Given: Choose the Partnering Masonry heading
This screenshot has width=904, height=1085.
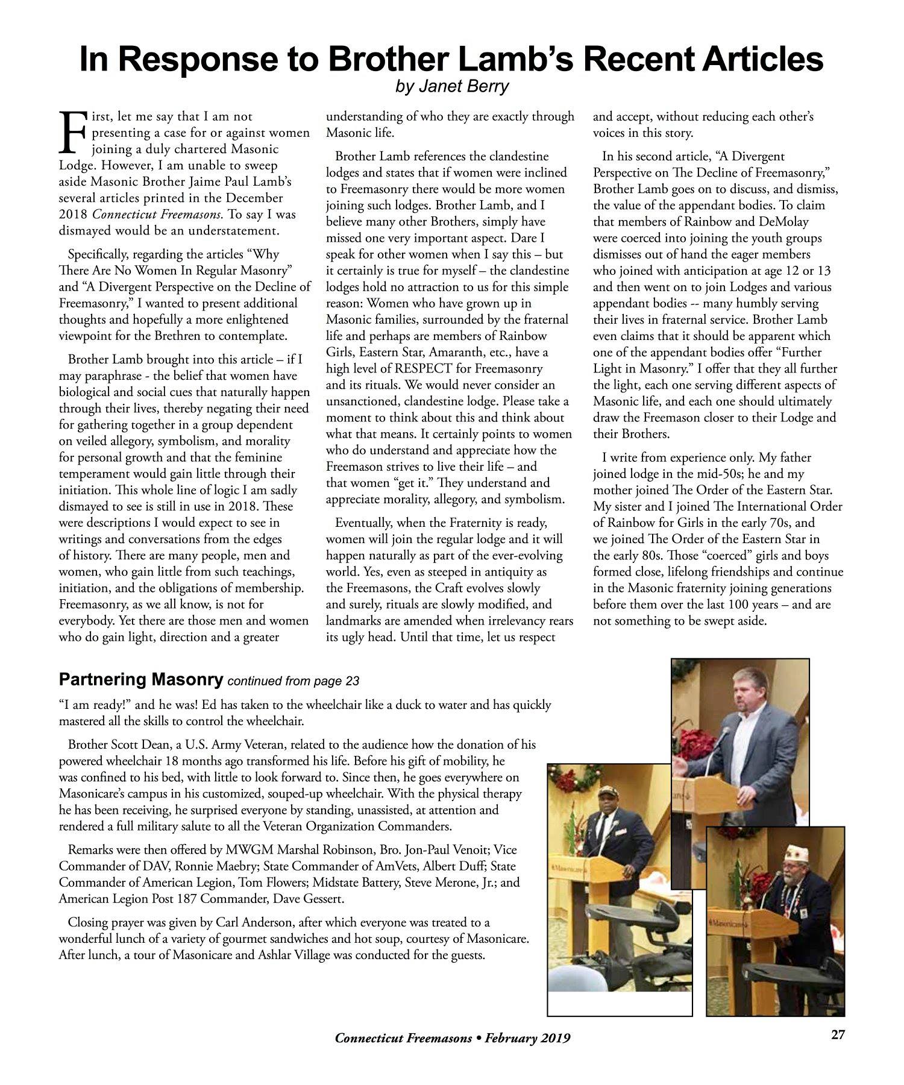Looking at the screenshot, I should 141,680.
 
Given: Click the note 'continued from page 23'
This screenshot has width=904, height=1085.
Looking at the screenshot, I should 293,681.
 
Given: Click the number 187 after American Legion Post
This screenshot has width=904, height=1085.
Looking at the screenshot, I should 180,899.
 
